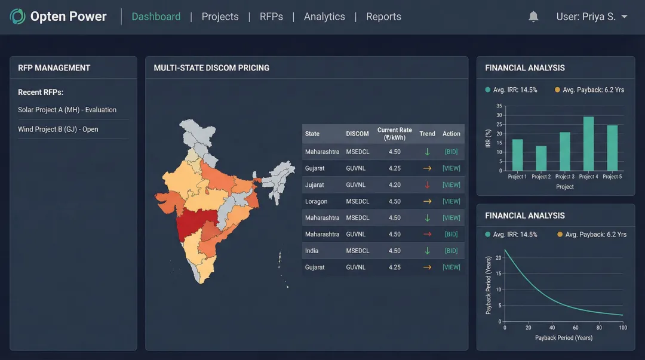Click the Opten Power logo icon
click(x=18, y=17)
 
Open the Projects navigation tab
click(x=220, y=17)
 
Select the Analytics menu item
click(x=324, y=17)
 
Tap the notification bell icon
click(x=533, y=17)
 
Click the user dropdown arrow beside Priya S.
click(x=625, y=17)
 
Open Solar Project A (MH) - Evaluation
click(x=67, y=110)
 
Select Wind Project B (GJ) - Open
click(x=58, y=130)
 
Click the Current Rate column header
click(x=394, y=134)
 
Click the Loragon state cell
click(x=316, y=201)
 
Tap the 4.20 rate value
click(x=394, y=185)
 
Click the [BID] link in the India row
click(x=451, y=251)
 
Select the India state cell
click(x=312, y=251)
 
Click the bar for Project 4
click(x=588, y=143)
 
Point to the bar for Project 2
click(x=541, y=158)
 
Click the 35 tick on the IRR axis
click(x=499, y=106)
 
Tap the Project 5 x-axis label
click(x=612, y=177)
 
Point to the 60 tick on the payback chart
click(x=576, y=328)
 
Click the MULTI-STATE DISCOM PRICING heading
click(x=211, y=68)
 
